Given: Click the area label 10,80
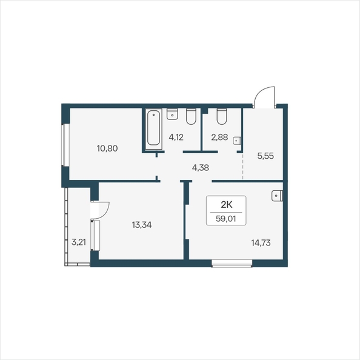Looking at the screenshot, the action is coord(107,148).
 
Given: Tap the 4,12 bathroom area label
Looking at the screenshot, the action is coord(176,138).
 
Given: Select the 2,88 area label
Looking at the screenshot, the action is coord(219,137).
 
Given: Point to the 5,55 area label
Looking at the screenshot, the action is coord(265,156).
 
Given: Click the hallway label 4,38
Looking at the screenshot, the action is coord(201,168).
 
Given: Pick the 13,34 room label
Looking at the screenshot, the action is coord(142,225).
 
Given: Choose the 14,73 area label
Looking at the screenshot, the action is coord(261,242).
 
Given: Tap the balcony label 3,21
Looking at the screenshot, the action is coord(79,242).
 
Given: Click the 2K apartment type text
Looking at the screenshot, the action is coord(227,204).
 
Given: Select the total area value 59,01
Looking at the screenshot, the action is coord(226,219).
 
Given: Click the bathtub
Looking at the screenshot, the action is coord(153,128).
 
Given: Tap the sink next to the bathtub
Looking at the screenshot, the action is coord(172,114).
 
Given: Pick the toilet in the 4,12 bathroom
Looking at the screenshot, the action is coord(191,116).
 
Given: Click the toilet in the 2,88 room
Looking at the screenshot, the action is coord(222,116).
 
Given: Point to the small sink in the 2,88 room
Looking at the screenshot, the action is coord(237,141).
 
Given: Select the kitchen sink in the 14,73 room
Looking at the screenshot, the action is coord(277,196).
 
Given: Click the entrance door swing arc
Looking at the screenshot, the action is coord(260,92).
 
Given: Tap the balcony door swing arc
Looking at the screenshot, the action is coord(106,212).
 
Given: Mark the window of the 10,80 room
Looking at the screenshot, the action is coord(65,145).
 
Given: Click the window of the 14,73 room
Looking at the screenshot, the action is coord(232,264).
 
